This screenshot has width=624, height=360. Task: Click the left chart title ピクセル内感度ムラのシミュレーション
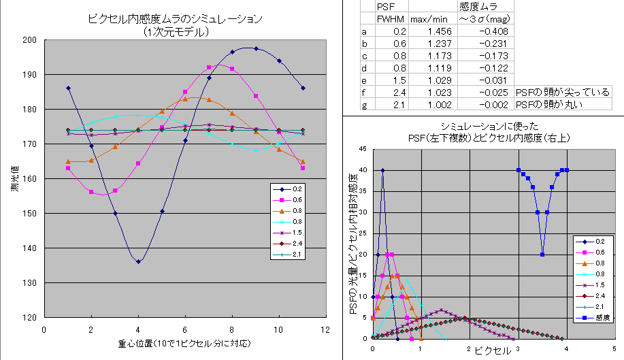click(x=176, y=20)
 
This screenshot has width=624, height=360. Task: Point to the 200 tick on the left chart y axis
click(x=29, y=40)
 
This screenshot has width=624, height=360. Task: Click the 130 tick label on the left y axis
click(x=29, y=282)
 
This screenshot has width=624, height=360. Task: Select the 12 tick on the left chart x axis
click(x=326, y=329)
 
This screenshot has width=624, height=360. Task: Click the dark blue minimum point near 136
click(x=138, y=261)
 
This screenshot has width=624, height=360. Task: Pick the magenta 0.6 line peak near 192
click(x=209, y=67)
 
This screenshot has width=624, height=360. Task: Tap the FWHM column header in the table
click(x=391, y=20)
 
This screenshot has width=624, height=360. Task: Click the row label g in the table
click(x=364, y=105)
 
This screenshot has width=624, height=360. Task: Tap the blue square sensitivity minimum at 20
click(x=542, y=255)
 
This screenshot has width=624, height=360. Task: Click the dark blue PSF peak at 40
click(x=382, y=170)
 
